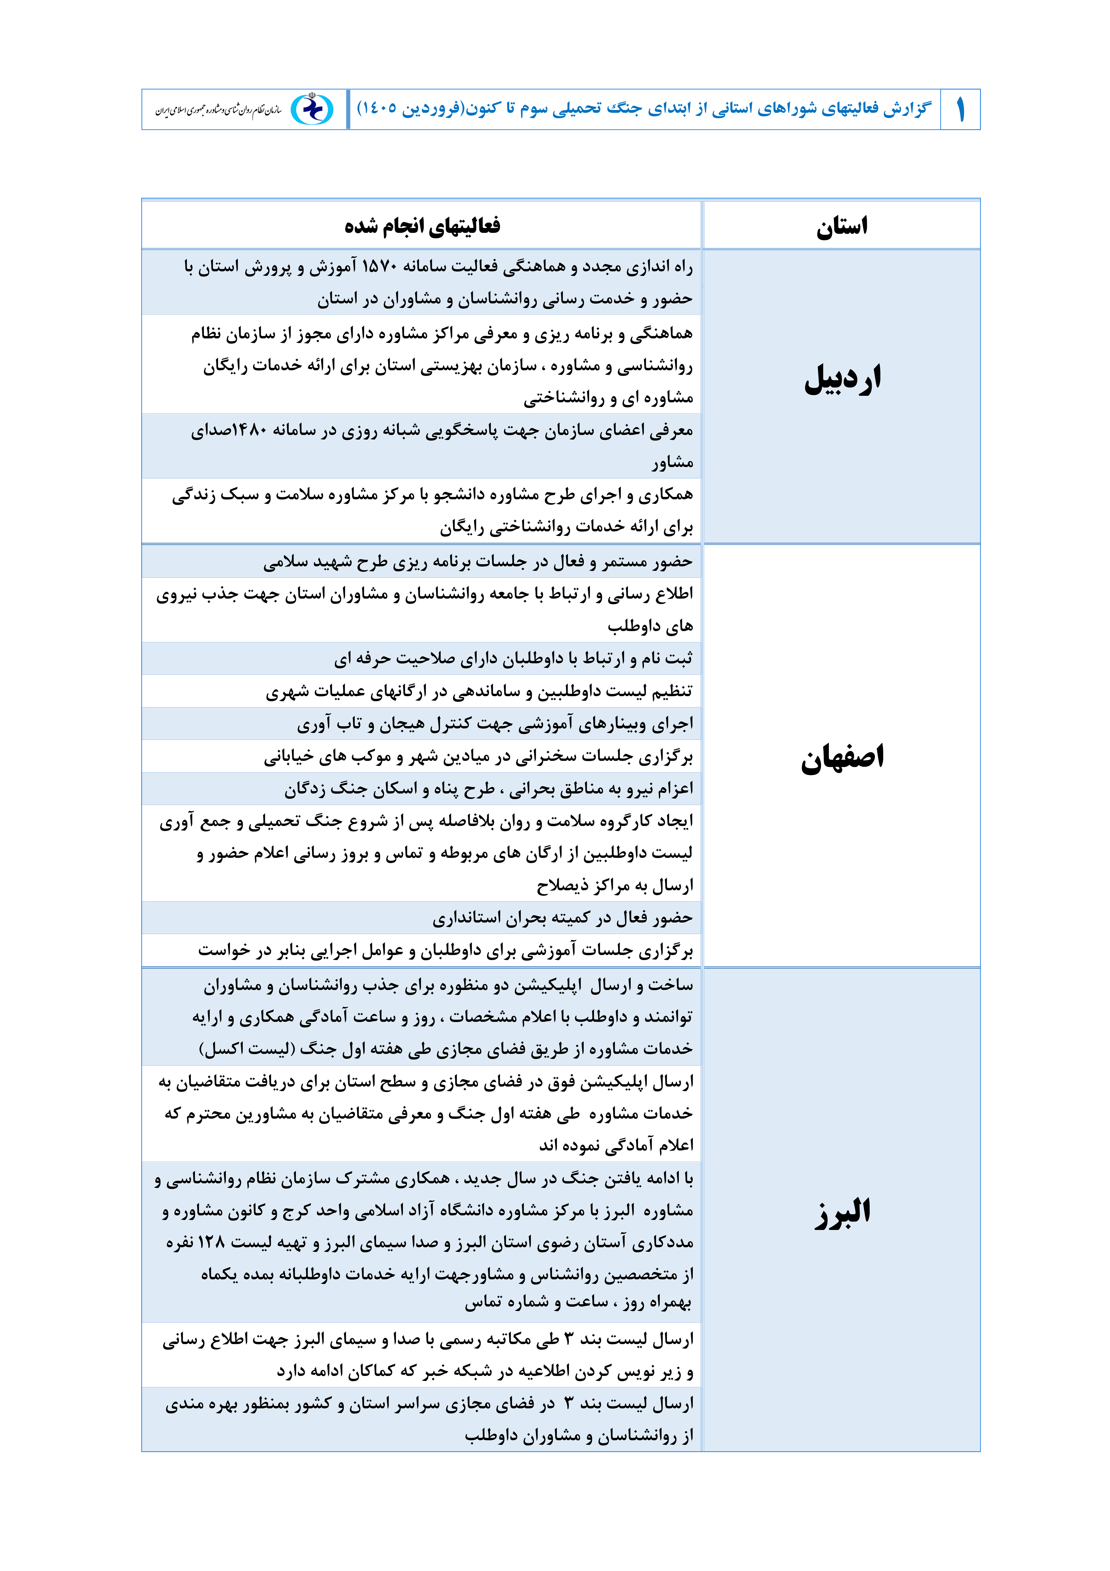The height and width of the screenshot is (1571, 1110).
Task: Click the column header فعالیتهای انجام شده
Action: click(x=422, y=226)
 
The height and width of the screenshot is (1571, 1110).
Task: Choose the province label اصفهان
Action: click(x=842, y=758)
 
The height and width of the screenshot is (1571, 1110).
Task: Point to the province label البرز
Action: click(x=842, y=1212)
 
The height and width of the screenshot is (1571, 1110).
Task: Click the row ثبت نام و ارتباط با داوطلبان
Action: click(x=513, y=658)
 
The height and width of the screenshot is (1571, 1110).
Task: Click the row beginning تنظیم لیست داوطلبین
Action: click(x=479, y=691)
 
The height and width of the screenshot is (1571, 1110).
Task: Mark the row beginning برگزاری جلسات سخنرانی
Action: click(x=478, y=756)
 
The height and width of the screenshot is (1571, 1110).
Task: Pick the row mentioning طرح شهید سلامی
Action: click(x=477, y=562)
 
